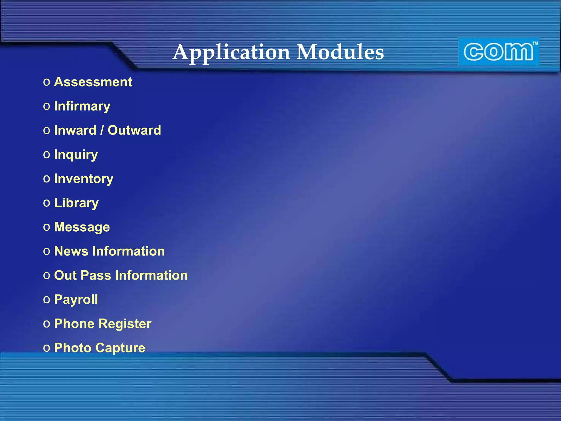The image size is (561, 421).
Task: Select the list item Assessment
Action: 93,82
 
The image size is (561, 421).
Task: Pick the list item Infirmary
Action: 82,106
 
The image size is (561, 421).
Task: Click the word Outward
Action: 134,130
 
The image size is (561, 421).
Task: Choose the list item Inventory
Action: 84,179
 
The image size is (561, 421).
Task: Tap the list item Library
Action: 76,203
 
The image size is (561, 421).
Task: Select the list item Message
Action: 82,227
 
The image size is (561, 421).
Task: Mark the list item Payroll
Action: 76,300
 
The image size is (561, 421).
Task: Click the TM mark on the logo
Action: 535,43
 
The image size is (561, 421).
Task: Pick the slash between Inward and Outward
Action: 102,130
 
